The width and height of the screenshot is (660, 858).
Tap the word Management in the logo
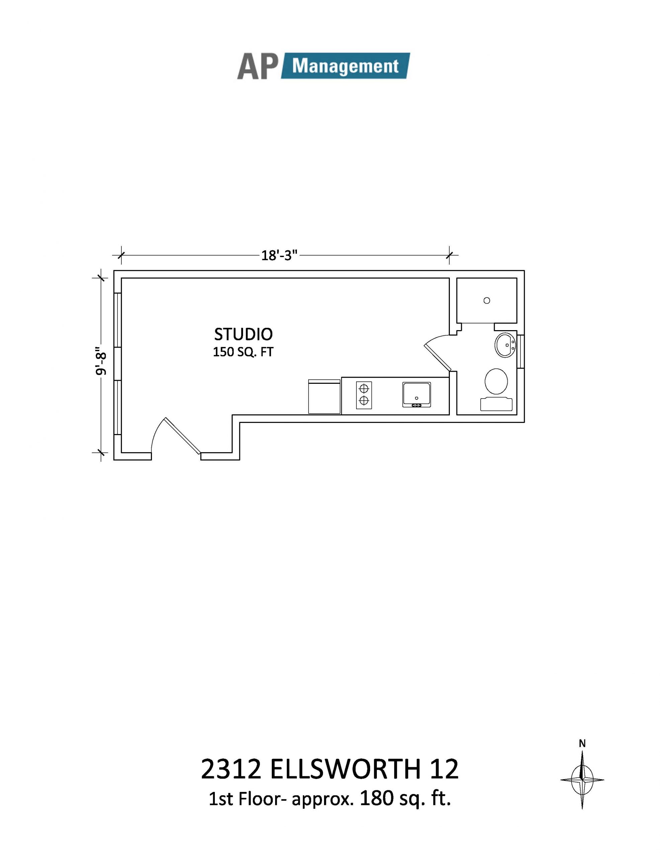pos(345,66)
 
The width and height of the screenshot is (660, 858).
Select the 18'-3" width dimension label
pos(280,255)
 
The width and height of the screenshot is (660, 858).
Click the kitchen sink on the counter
pos(416,394)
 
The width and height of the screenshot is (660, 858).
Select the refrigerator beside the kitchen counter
pos(324,396)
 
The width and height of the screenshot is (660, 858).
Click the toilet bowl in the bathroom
pos(496,381)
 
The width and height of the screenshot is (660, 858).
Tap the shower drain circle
pos(487,300)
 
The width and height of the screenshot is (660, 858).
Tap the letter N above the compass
pos(582,743)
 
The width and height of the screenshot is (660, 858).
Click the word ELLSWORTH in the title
pos(345,769)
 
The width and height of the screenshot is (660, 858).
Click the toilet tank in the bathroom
pos(496,404)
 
